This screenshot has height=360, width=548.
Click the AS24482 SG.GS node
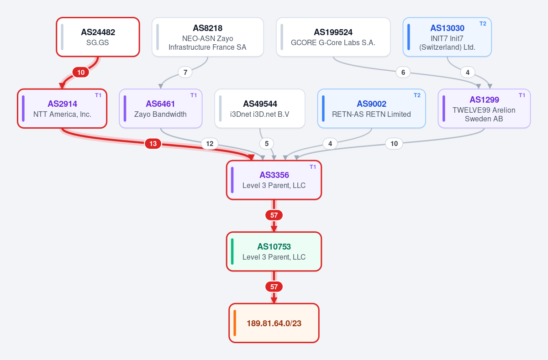[98, 37]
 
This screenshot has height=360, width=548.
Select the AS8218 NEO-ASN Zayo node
[208, 37]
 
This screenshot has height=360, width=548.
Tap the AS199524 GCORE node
[333, 37]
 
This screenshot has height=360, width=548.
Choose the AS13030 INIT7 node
[447, 37]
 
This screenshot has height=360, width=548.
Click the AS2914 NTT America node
[62, 109]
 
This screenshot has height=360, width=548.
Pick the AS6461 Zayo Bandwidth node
[161, 109]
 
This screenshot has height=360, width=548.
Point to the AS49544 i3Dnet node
[260, 109]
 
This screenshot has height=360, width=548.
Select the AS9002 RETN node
[372, 109]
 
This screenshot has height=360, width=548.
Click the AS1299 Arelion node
[485, 109]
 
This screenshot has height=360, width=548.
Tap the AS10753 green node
[274, 251]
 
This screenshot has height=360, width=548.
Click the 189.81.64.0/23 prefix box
[274, 323]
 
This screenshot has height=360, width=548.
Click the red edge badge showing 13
[153, 143]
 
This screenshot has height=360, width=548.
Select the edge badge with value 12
[210, 143]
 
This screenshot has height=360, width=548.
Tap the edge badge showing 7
[185, 73]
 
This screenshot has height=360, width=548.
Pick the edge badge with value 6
[403, 73]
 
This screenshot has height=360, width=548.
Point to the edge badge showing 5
[267, 143]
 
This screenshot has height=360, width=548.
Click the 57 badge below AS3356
[274, 215]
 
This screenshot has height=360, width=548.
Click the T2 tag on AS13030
[483, 24]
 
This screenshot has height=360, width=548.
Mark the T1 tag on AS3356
[313, 167]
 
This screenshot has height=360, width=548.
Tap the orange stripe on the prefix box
[235, 323]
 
